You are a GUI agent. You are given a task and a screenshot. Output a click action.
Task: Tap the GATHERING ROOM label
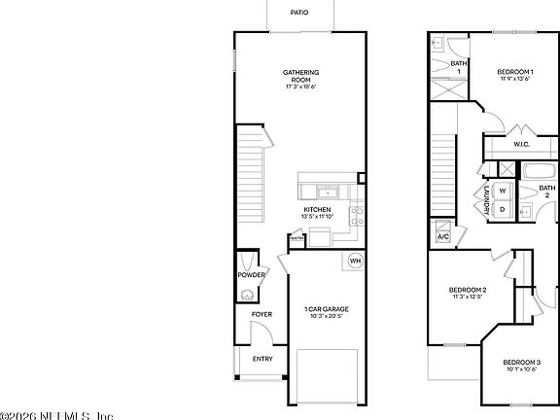pos(301,77)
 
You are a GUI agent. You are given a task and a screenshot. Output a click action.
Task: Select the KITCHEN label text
pos(318,210)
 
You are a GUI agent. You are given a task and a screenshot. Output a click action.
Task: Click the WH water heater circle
pos(355,261)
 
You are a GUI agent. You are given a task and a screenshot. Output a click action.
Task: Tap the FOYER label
pos(262,314)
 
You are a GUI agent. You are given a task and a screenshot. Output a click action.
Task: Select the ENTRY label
pos(262,359)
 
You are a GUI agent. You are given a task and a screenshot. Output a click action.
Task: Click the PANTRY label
pos(297,237)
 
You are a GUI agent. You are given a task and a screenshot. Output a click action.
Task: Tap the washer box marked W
pos(503,191)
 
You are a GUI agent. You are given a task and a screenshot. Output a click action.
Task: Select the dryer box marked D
pos(503,208)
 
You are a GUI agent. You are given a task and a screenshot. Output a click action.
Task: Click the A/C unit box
pos(443,236)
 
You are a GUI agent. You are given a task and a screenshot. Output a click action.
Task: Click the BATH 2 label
pos(547,192)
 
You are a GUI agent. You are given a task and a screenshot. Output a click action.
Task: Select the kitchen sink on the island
pos(328,191)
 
